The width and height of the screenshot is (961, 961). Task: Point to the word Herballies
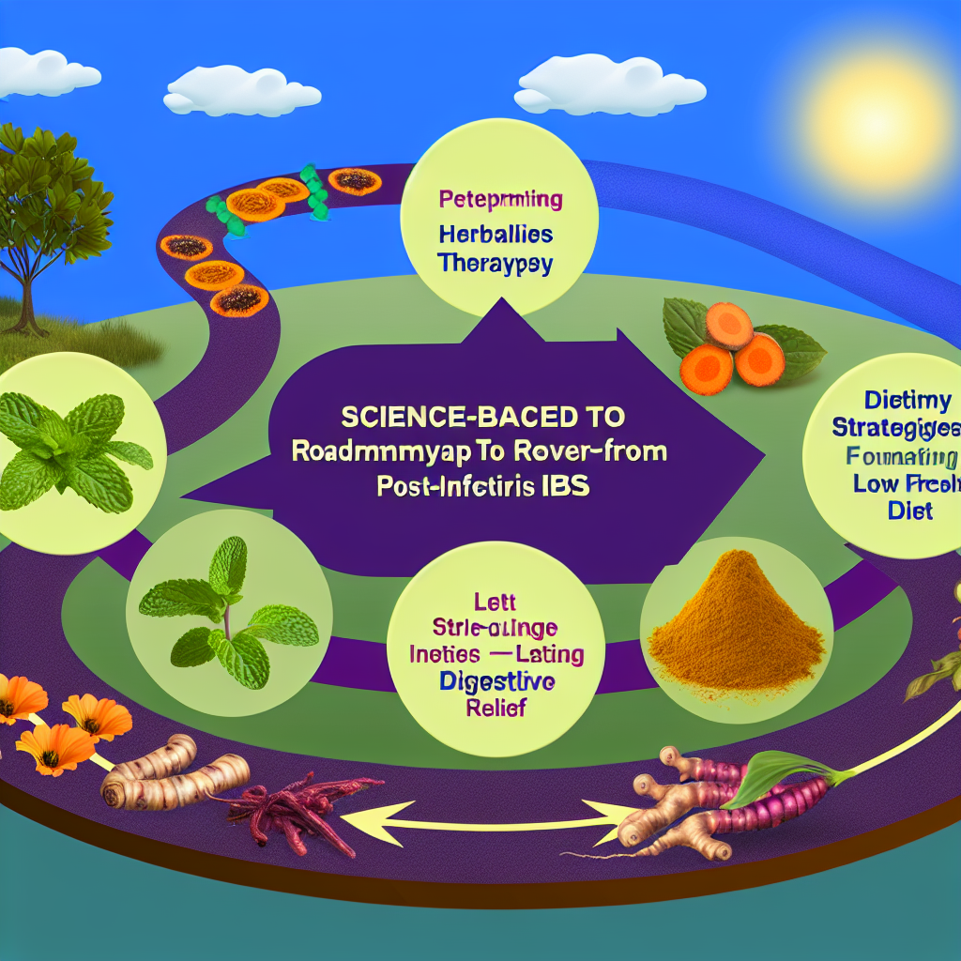[x=494, y=233]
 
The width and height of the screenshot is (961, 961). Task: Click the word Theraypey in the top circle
[x=494, y=264]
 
